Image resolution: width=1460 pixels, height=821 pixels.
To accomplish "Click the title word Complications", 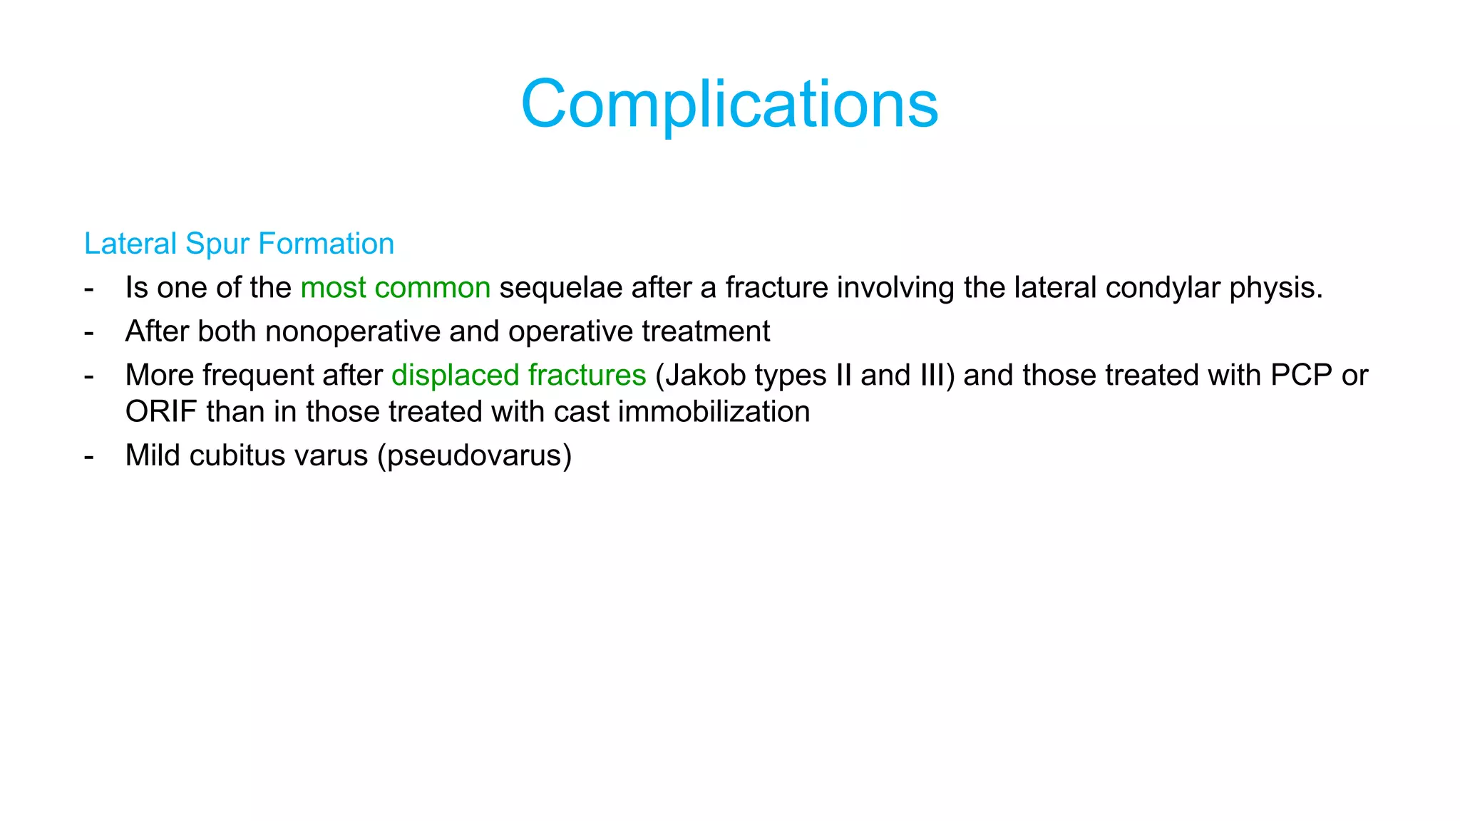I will [729, 104].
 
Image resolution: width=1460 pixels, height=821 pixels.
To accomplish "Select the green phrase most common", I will [395, 288].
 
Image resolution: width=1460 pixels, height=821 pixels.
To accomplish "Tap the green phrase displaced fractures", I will [518, 376].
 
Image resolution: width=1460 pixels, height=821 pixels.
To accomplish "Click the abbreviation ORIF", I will [161, 412].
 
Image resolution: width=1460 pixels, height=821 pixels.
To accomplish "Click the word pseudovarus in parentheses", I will [475, 456].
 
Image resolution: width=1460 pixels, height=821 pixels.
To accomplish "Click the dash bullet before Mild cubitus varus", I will [89, 456].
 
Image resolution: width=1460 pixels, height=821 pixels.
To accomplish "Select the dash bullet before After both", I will [89, 332].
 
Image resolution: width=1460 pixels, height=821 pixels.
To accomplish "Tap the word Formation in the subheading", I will [326, 244].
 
